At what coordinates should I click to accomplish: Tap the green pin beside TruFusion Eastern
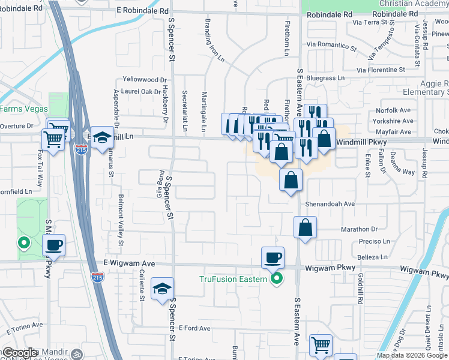pyautogui.click(x=276, y=278)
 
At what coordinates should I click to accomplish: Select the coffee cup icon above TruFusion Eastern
pyautogui.click(x=273, y=258)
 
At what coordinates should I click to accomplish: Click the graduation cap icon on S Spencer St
pyautogui.click(x=162, y=289)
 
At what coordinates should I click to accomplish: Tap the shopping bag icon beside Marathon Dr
pyautogui.click(x=305, y=227)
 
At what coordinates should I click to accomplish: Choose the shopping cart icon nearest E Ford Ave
pyautogui.click(x=321, y=346)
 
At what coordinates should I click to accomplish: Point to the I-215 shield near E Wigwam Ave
pyautogui.click(x=97, y=277)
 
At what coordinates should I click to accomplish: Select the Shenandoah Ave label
pyautogui.click(x=330, y=204)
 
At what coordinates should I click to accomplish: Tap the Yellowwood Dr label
pyautogui.click(x=143, y=79)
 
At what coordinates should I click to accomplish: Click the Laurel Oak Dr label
pyautogui.click(x=141, y=91)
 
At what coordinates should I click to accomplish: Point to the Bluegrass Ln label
pyautogui.click(x=325, y=78)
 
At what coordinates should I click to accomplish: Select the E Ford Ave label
pyautogui.click(x=194, y=328)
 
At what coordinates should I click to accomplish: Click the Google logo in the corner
pyautogui.click(x=21, y=353)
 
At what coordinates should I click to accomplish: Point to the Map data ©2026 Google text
pyautogui.click(x=412, y=355)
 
